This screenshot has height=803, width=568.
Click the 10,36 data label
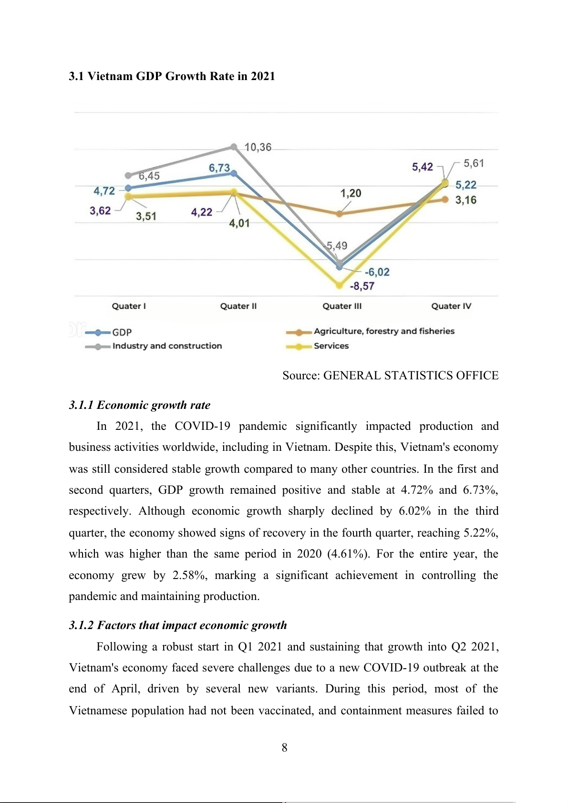(258, 147)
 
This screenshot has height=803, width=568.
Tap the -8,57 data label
(362, 286)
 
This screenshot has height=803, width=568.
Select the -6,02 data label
(377, 272)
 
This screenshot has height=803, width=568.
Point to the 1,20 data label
(351, 193)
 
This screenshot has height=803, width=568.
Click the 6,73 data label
(219, 168)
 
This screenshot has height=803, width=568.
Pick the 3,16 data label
(466, 200)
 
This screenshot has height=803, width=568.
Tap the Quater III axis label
(342, 306)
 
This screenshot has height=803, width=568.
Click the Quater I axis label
(129, 306)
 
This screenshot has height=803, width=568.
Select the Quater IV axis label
(451, 306)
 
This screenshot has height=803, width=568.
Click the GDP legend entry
(122, 332)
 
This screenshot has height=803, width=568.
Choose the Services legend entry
(331, 346)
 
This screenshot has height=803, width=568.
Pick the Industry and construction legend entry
(167, 346)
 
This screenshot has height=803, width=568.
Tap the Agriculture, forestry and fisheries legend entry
(384, 331)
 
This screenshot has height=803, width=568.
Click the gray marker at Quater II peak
(234, 147)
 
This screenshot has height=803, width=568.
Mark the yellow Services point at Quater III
(340, 285)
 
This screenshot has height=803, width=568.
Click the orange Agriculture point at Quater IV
(445, 199)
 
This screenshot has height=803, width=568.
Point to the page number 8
(284, 747)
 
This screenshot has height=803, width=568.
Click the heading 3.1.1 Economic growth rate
(139, 405)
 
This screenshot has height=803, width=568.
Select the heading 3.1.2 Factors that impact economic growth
(178, 625)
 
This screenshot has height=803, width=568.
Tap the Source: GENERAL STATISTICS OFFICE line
(390, 376)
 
